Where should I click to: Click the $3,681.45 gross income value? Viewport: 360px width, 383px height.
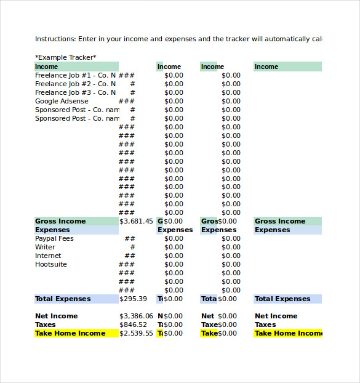[x=136, y=221]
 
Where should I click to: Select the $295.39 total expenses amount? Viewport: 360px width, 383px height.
[x=133, y=299]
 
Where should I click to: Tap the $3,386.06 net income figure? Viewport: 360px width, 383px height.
[x=136, y=316]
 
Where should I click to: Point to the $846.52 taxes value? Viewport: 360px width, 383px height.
[x=133, y=325]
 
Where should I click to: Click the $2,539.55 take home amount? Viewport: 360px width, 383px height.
[x=136, y=333]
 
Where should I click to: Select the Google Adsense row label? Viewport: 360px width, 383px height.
[x=62, y=101]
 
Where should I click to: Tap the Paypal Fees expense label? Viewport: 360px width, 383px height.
[x=54, y=238]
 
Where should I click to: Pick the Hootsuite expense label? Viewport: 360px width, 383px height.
[x=51, y=264]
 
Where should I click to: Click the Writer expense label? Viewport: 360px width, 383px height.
[x=45, y=247]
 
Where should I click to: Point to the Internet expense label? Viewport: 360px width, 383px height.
[x=48, y=256]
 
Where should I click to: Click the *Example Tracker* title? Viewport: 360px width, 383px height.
[x=65, y=57]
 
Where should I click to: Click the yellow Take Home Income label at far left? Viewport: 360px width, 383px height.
[x=70, y=333]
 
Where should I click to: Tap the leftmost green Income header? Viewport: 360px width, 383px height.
[x=47, y=67]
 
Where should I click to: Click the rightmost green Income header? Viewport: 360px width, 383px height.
[x=266, y=67]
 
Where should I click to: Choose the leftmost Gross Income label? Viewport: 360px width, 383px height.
[x=60, y=221]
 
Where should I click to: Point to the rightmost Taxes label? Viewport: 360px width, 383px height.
[x=265, y=325]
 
